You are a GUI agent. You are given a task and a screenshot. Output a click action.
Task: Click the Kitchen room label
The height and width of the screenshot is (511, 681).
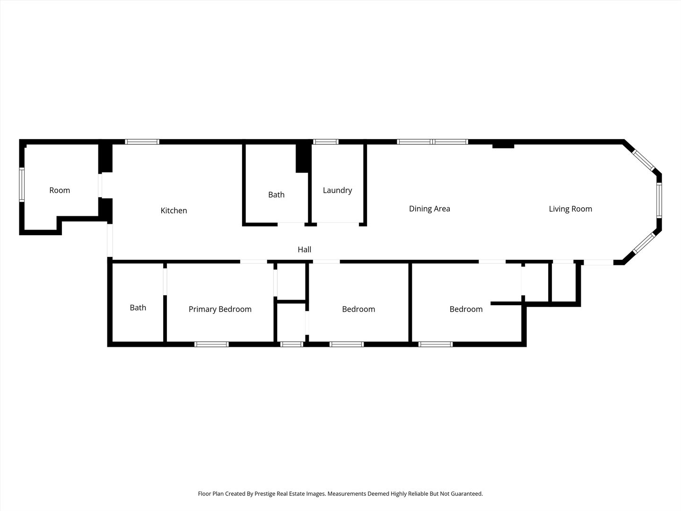pyautogui.click(x=174, y=211)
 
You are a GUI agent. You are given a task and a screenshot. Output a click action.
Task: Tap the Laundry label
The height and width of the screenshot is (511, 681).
pyautogui.click(x=337, y=190)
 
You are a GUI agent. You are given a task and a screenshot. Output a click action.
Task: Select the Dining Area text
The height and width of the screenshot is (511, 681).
pyautogui.click(x=429, y=209)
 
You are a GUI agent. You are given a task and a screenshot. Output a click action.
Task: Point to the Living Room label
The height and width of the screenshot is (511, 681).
pyautogui.click(x=570, y=209)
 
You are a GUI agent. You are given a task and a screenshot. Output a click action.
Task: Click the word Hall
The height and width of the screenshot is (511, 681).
pyautogui.click(x=304, y=249)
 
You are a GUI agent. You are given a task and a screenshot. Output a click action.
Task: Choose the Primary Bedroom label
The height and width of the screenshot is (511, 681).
pyautogui.click(x=220, y=309)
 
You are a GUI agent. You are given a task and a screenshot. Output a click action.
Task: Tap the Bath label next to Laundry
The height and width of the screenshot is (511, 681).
pyautogui.click(x=276, y=194)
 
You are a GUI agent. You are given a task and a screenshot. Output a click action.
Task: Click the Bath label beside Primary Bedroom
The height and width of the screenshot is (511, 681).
pyautogui.click(x=138, y=308)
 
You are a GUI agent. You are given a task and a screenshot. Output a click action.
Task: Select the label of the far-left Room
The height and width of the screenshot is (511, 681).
pyautogui.click(x=60, y=190)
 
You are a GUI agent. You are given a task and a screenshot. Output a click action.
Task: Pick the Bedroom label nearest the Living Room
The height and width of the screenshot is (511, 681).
pyautogui.click(x=466, y=309)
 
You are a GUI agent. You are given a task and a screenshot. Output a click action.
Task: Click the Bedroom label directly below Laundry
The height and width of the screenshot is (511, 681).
pyautogui.click(x=358, y=309)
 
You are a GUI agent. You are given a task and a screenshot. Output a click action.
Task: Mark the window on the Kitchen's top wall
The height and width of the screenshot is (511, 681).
pyautogui.click(x=142, y=141)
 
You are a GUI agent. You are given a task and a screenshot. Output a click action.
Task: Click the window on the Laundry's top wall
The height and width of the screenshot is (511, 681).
pyautogui.click(x=326, y=141)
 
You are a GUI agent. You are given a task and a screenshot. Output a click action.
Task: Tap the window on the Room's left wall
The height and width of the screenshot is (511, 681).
pyautogui.click(x=22, y=185)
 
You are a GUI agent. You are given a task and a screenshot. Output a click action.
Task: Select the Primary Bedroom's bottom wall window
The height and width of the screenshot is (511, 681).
pyautogui.click(x=211, y=344)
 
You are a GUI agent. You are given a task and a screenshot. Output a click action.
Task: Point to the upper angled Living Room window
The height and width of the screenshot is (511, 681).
pyautogui.click(x=644, y=160)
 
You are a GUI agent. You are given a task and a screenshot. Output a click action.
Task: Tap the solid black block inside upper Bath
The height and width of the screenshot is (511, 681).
pyautogui.click(x=303, y=158)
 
